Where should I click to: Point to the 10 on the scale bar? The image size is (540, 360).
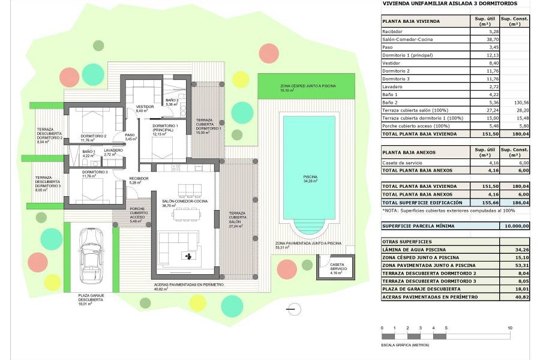click(509, 328)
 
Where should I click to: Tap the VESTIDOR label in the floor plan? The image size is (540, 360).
click(145, 107)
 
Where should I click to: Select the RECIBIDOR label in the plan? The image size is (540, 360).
click(139, 178)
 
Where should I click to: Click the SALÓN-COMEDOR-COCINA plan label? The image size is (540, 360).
click(184, 201)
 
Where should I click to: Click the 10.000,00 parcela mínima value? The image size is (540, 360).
click(515, 226)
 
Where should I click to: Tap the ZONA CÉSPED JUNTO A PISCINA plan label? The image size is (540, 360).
click(304, 86)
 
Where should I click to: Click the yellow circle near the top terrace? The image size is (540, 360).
click(240, 79)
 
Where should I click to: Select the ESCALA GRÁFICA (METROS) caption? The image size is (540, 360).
click(405, 345)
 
